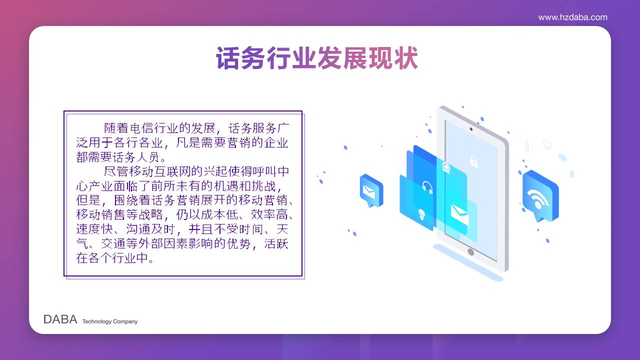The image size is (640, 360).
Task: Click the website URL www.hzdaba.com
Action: click(573, 17)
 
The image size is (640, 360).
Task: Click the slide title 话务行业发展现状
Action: click(317, 58)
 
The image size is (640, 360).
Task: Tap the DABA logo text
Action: click(60, 319)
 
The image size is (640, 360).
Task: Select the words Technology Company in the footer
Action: click(110, 321)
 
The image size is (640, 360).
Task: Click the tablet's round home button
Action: click(470, 252)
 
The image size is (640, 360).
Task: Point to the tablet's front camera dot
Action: click(471, 129)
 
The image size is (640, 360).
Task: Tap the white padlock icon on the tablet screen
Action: click(473, 161)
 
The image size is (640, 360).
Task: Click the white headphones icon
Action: click(427, 187)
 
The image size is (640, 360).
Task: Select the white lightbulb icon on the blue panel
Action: click(421, 214)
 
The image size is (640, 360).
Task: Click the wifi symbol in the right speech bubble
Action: click(537, 199)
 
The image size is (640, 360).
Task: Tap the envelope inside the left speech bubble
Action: click(368, 191)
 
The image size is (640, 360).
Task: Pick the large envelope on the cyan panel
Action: click(459, 214)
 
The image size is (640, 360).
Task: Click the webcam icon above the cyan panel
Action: click(446, 168)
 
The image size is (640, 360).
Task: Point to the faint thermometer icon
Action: click(527, 146)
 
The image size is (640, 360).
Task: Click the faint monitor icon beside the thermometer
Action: click(547, 144)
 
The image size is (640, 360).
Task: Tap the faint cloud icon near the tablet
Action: click(562, 157)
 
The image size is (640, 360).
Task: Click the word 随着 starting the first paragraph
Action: click(116, 128)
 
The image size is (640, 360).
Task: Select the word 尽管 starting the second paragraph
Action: click(116, 171)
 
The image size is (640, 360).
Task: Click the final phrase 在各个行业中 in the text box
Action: click(112, 258)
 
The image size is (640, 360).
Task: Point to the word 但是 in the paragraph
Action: click(88, 200)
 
